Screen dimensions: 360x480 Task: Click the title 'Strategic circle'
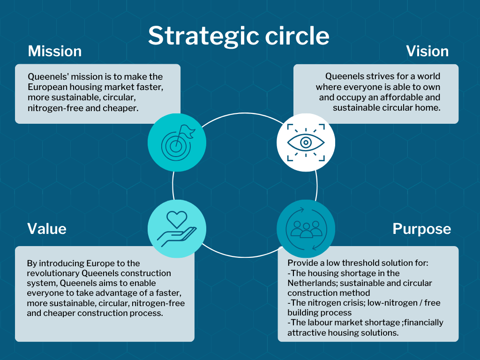pyautogui.click(x=239, y=36)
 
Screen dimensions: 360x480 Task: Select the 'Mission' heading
pyautogui.click(x=55, y=51)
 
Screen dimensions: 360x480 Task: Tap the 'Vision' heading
pyautogui.click(x=427, y=51)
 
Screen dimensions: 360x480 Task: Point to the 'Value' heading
pyautogui.click(x=47, y=228)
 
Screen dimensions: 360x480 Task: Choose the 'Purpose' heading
pyautogui.click(x=421, y=229)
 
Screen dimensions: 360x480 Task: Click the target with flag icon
pyautogui.click(x=177, y=141)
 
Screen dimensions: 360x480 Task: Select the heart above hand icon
pyautogui.click(x=177, y=229)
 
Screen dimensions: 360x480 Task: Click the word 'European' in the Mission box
pyautogui.click(x=47, y=87)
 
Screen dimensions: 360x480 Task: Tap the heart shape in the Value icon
pyautogui.click(x=177, y=218)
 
